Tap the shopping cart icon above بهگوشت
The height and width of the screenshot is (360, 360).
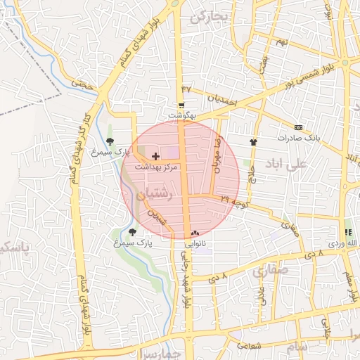(181, 105)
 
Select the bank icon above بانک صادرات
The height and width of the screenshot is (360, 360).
(299, 127)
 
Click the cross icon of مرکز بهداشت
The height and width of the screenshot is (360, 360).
(155, 155)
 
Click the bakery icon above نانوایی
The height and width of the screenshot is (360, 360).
(195, 233)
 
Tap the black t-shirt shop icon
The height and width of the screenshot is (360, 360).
(254, 141)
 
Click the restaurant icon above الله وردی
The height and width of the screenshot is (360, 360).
(347, 232)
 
